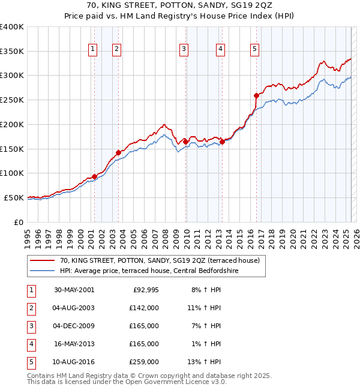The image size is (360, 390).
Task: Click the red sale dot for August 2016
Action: point(256,95)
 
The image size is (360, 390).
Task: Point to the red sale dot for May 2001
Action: point(95,176)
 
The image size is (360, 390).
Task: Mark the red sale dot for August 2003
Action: point(118,152)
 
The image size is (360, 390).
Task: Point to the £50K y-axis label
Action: point(14,197)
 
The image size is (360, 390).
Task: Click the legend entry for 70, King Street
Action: point(159,261)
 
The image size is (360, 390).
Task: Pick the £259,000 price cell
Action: point(143,362)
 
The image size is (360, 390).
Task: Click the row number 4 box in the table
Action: point(30,344)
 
